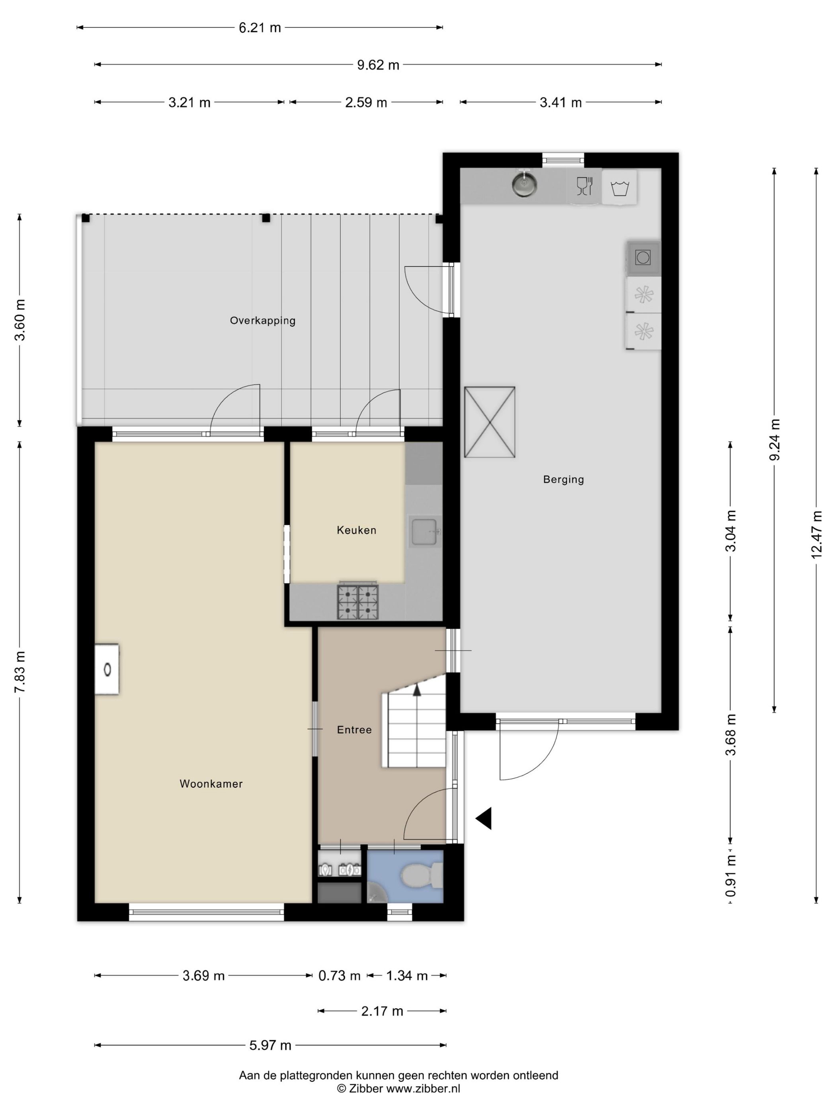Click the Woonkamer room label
click(211, 784)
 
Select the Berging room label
click(563, 479)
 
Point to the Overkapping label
click(262, 321)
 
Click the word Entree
click(354, 730)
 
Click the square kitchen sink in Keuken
click(425, 531)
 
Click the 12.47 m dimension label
click(816, 534)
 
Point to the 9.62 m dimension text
click(378, 65)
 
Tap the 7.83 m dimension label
click(20, 672)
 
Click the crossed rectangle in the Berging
click(489, 422)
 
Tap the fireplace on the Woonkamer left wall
click(107, 669)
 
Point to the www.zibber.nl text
click(423, 1088)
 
